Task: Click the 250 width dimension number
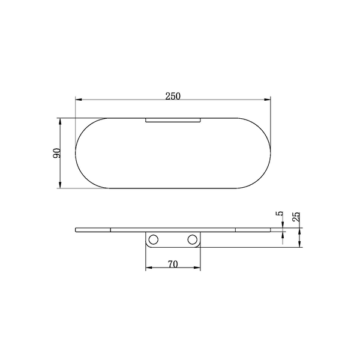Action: tap(173, 96)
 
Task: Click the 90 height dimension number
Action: tap(57, 153)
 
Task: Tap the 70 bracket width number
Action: tap(173, 265)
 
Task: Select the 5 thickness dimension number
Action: tap(279, 214)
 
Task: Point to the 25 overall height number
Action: tap(296, 216)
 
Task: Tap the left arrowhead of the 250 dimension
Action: tap(79, 100)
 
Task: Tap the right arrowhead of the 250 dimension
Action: tap(268, 100)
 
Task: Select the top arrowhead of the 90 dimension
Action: tap(60, 121)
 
